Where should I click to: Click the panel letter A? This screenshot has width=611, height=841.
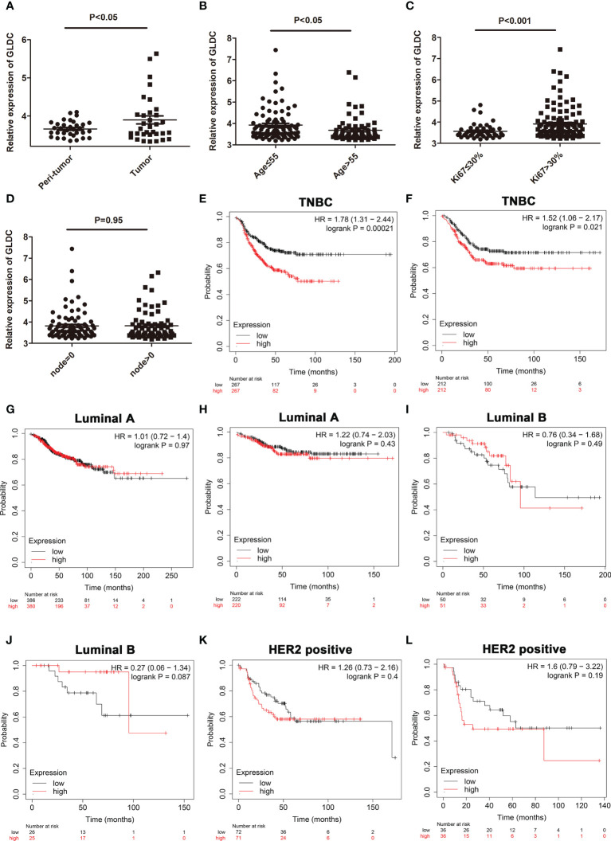click(6, 9)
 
